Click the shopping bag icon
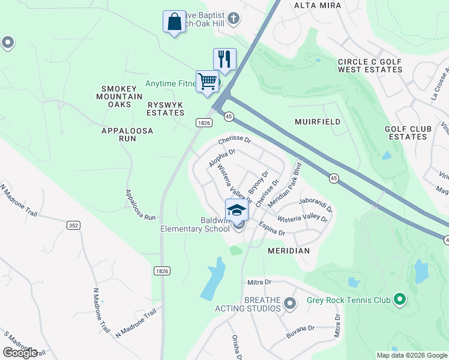pos(174,22)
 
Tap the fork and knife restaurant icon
pos(224,59)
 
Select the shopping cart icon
pos(207,81)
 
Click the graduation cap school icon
pos(237,210)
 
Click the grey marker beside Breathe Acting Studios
pos(290,304)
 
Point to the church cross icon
pos(234,19)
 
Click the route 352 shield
pos(73,225)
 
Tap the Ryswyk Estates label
pos(166,109)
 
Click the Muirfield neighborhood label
pos(318,122)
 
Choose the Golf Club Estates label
pos(408,133)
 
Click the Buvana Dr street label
pos(300,329)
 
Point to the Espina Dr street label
pos(272,228)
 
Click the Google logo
pos(20,353)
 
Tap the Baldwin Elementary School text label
pos(195,224)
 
